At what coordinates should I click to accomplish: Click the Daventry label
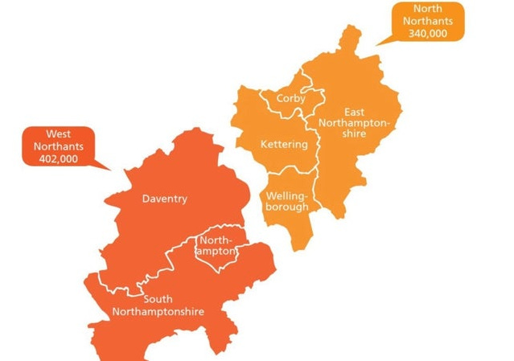pyautogui.click(x=164, y=199)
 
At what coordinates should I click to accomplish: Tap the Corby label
pyautogui.click(x=290, y=99)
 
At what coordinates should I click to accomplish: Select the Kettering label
pyautogui.click(x=284, y=145)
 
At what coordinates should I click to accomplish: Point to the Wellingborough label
pyautogui.click(x=287, y=201)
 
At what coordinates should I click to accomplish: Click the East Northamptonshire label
pyautogui.click(x=354, y=122)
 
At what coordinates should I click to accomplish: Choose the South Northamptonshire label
pyautogui.click(x=158, y=306)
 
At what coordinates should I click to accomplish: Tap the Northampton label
pyautogui.click(x=216, y=246)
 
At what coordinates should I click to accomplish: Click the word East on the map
pyautogui.click(x=354, y=111)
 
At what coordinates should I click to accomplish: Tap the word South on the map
pyautogui.click(x=158, y=299)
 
